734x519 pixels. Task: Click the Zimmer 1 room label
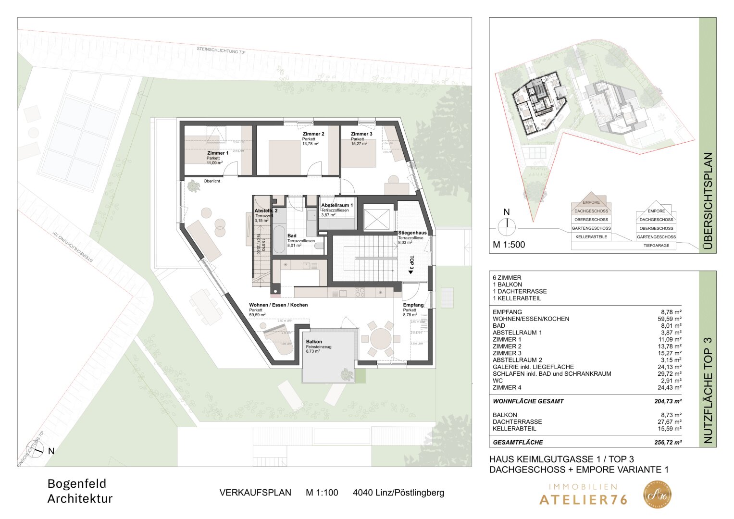coord(218,153)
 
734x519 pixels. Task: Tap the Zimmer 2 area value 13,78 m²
coord(310,144)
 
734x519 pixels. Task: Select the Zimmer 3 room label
coord(361,134)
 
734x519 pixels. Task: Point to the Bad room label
coord(292,236)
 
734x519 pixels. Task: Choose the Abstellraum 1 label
coord(337,205)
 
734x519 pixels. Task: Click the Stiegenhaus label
coord(412,233)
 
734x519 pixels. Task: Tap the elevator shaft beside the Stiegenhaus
coord(377,219)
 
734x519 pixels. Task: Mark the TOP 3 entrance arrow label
coord(411,265)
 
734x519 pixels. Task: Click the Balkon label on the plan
coord(314,342)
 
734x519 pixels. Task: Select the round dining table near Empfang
coord(380,338)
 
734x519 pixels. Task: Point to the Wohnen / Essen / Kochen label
coord(278,305)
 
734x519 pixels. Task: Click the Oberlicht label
coord(212,181)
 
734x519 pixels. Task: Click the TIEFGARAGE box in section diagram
coord(656,246)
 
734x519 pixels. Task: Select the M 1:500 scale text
coord(509,245)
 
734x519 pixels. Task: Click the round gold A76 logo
coord(658,494)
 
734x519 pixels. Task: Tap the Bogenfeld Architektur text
coord(80,491)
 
